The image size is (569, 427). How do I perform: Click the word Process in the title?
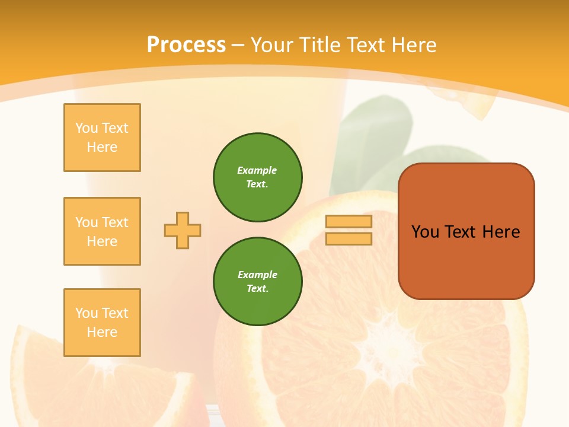coord(186,44)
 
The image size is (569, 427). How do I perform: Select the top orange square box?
coord(102,138)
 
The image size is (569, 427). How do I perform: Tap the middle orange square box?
coord(102,231)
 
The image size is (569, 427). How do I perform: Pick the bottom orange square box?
coord(102,323)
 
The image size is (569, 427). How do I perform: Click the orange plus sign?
coord(183,230)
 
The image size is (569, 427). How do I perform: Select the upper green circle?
coord(258,177)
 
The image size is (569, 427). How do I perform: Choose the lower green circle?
coord(258,282)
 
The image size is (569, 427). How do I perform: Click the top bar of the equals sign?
coord(349,221)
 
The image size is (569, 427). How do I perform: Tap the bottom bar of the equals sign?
coord(349,239)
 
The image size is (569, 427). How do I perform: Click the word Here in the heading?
coord(413,44)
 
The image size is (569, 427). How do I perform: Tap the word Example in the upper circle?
coord(257,170)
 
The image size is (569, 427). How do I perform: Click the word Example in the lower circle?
coord(257,275)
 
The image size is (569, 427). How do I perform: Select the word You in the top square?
coord(86,128)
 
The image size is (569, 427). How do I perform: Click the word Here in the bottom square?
coord(102,332)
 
